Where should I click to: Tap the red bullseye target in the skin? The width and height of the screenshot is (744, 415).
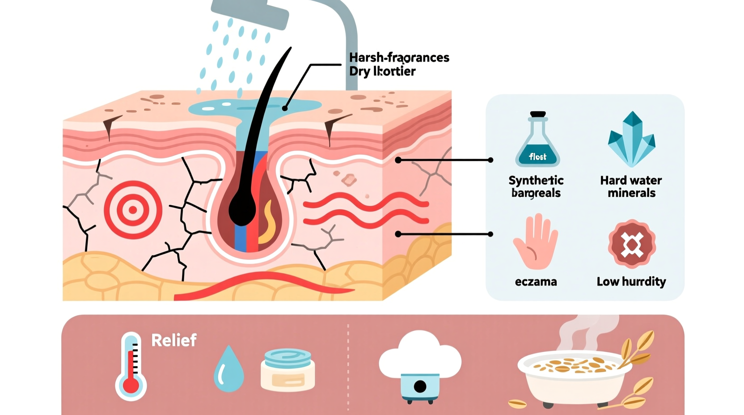[133, 210]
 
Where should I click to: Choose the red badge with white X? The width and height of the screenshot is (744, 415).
[631, 244]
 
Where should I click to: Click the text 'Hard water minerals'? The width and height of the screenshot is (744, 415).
[631, 186]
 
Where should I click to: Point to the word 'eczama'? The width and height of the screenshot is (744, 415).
[536, 282]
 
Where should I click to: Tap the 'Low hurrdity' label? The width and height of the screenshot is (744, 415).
[631, 282]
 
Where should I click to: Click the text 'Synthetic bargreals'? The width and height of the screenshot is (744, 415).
[536, 186]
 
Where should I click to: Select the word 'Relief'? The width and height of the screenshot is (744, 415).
[174, 340]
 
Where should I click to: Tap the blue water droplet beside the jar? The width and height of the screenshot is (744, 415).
[229, 369]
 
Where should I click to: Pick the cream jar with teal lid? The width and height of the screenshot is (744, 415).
[287, 370]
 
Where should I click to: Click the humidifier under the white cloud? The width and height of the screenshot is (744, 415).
[420, 386]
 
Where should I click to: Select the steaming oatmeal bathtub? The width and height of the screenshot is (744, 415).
[574, 376]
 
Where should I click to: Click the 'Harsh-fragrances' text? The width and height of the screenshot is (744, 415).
[399, 58]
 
